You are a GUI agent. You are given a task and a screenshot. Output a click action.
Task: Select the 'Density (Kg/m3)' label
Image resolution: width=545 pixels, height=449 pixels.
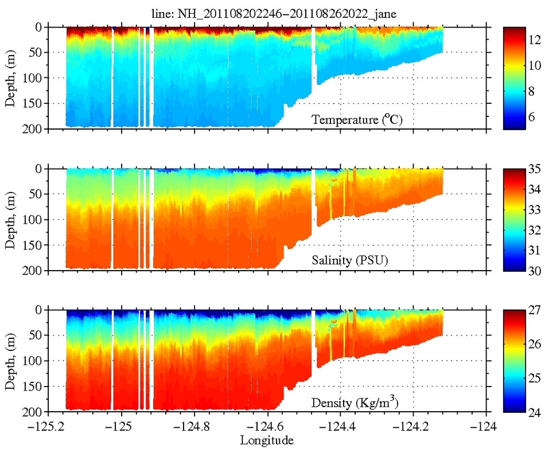355,402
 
